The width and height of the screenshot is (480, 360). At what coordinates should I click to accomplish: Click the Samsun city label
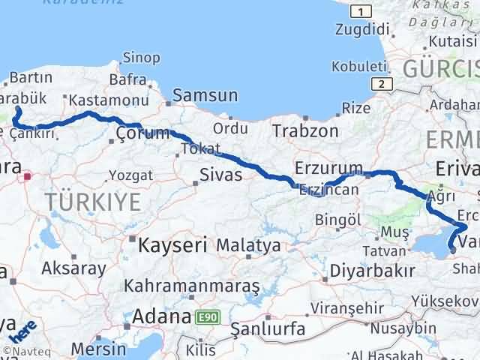click(205, 96)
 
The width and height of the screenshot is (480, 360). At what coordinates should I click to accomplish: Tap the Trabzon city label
click(305, 130)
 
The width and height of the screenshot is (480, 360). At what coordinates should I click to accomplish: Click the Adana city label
click(160, 317)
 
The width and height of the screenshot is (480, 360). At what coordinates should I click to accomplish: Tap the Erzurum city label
click(328, 167)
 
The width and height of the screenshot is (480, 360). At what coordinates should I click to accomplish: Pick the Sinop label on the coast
click(141, 58)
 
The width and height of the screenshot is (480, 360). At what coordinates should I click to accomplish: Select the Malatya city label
click(248, 245)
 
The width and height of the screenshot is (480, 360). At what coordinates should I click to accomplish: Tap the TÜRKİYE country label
click(93, 202)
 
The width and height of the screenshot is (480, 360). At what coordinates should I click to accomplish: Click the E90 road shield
click(207, 318)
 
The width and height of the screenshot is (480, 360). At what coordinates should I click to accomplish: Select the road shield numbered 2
click(382, 84)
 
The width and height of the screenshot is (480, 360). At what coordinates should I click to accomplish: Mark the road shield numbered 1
click(361, 10)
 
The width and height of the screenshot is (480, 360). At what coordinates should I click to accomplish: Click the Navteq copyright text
click(25, 351)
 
